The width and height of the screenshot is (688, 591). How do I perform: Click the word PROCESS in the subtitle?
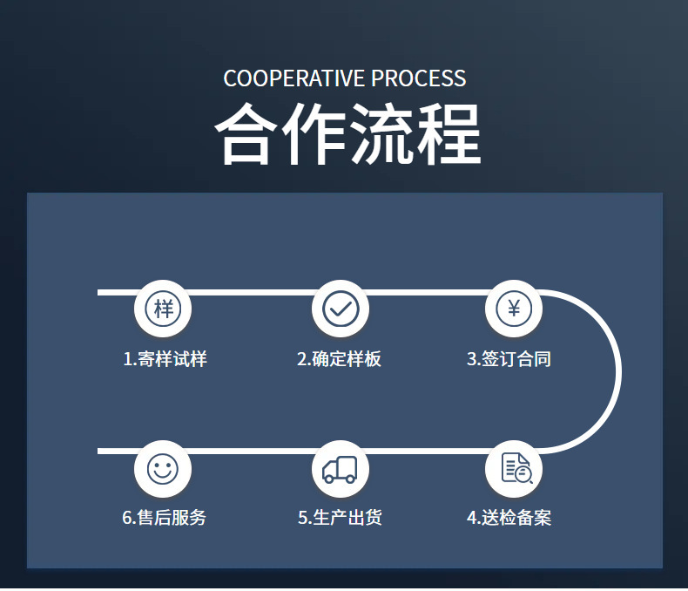coord(419,78)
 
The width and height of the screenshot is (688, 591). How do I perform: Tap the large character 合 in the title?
coord(247,135)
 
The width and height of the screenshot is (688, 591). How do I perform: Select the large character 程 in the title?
coord(448,135)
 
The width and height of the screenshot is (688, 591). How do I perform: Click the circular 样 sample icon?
coord(163,308)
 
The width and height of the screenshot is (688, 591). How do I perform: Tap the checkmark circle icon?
coord(341,308)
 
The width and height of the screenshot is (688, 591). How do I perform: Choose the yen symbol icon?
coord(514,308)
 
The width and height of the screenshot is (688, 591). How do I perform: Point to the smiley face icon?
coord(163,469)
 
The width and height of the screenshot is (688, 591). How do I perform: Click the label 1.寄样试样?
coord(165,359)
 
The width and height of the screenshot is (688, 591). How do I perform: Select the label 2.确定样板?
coord(339,359)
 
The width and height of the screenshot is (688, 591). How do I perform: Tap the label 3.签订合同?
coord(509,359)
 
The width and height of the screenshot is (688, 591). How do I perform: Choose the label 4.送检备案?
coord(509,518)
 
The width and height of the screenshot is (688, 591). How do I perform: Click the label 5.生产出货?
coord(340,518)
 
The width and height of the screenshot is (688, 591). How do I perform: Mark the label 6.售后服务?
coord(165,518)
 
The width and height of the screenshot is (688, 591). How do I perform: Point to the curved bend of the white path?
coord(617,372)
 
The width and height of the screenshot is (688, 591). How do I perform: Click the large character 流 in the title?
coord(381,135)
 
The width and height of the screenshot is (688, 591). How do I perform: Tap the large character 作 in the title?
coord(314,135)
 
